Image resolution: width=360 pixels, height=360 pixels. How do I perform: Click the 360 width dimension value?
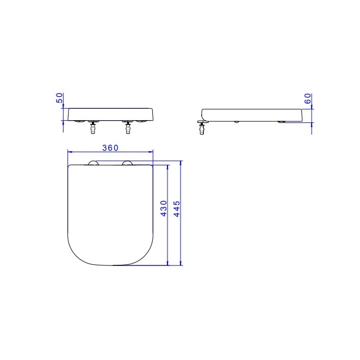click(109, 147)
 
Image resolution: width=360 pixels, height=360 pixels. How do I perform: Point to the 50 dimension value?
click(59, 98)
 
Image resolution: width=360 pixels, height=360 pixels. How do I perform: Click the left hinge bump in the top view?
click(92, 163)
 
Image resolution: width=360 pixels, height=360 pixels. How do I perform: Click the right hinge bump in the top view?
click(128, 163)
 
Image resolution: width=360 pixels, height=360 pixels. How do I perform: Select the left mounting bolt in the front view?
click(92, 129)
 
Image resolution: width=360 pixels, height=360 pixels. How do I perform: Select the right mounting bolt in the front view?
click(128, 129)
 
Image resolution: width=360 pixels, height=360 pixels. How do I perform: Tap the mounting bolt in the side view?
click(203, 129)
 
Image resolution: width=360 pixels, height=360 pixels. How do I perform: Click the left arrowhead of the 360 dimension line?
click(69, 152)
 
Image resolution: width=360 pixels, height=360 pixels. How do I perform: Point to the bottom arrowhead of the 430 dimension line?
click(168, 263)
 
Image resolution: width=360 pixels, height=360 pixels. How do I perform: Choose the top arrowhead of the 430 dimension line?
click(168, 168)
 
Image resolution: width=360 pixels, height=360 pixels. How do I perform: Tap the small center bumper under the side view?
click(236, 121)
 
